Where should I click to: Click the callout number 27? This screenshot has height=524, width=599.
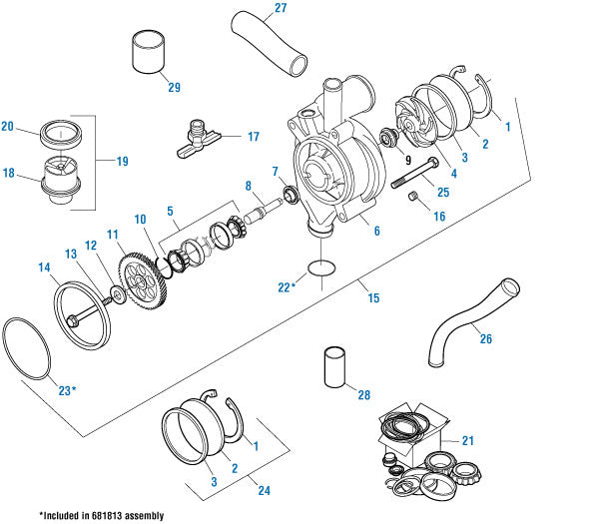coord(279,9)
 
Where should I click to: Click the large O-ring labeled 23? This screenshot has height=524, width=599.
coord(27,349)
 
